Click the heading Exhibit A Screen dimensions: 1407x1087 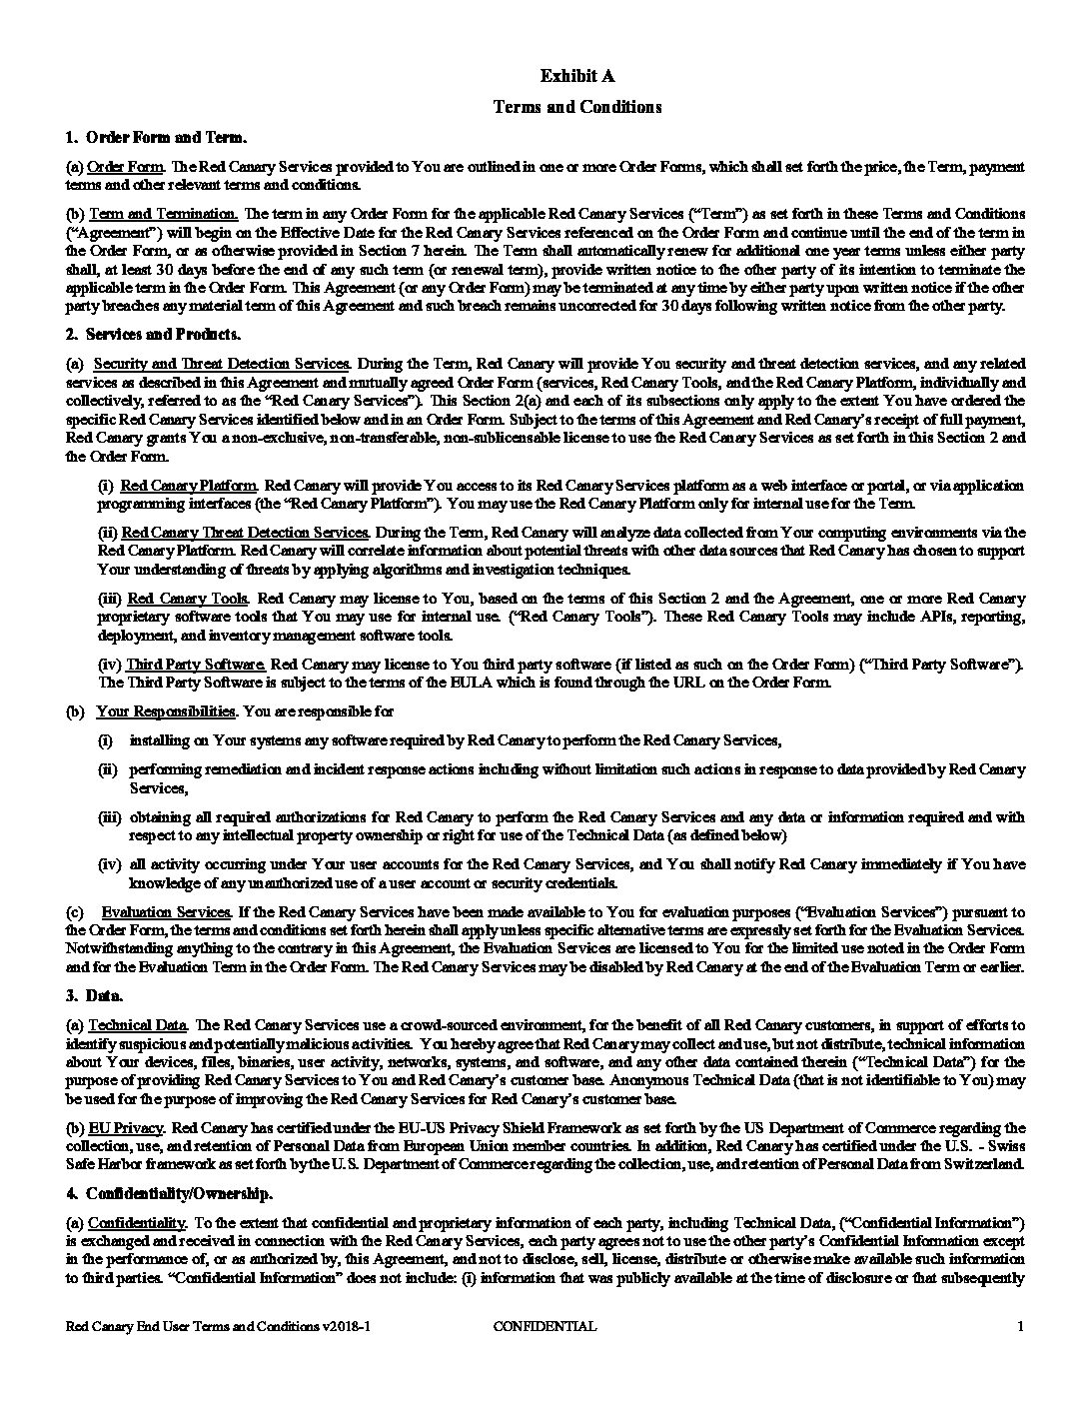(577, 76)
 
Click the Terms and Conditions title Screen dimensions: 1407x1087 (577, 106)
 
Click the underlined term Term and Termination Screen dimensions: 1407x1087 (164, 214)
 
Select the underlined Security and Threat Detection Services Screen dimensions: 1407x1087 (221, 363)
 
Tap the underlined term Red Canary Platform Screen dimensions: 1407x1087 (189, 486)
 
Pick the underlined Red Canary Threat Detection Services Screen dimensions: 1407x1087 (245, 533)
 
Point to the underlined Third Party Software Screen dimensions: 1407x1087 (196, 665)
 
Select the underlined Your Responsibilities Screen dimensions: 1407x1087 (166, 711)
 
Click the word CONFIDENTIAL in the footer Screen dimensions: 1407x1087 (545, 1327)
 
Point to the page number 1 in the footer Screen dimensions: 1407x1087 (1020, 1327)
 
